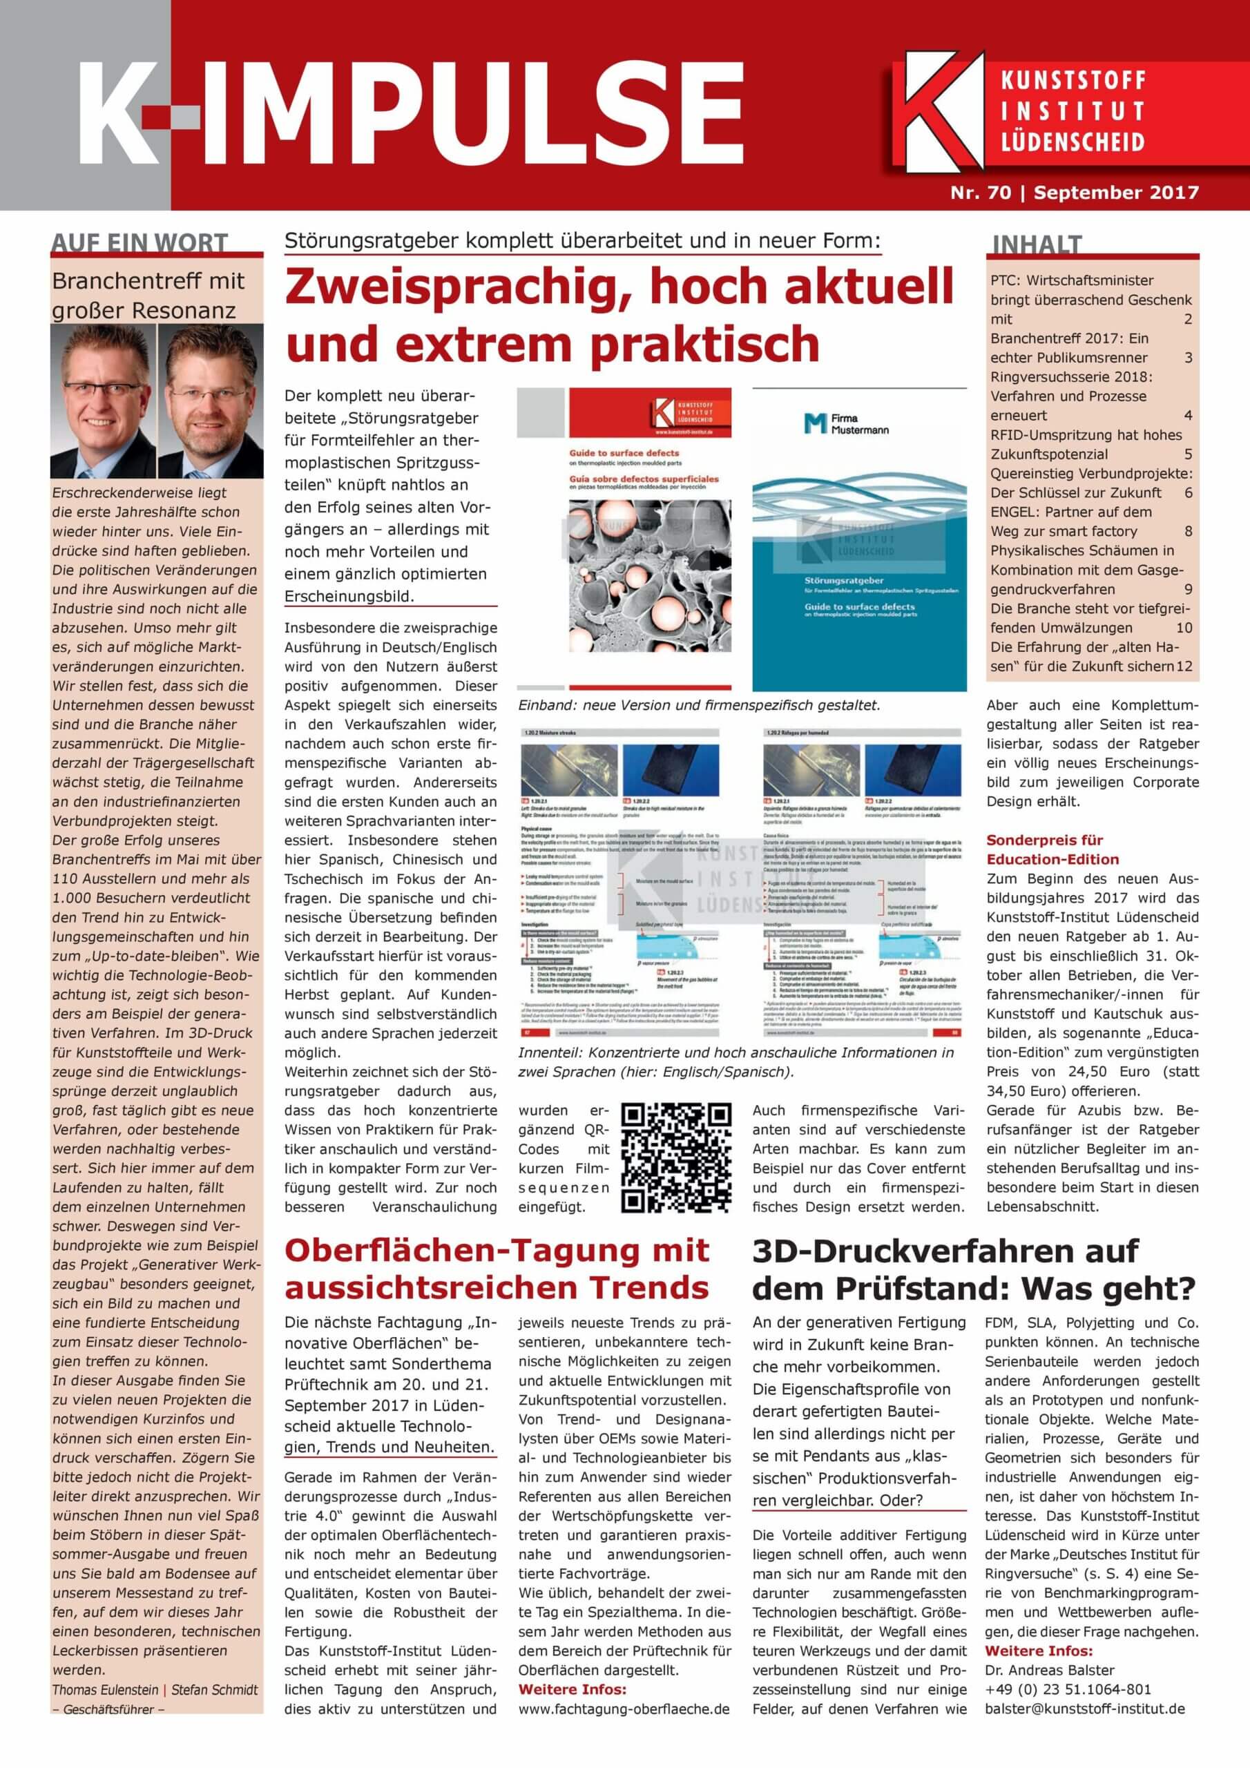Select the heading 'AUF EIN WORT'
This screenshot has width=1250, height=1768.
tap(140, 242)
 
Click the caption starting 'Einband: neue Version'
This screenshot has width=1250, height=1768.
tap(699, 705)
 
